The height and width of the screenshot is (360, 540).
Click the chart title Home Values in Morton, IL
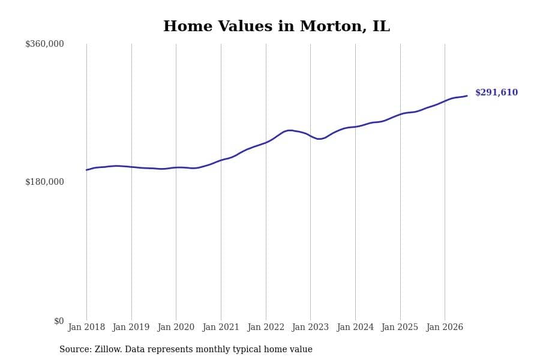(277, 26)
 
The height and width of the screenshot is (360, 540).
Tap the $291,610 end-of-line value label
(496, 92)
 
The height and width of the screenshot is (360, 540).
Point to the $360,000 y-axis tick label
(44, 44)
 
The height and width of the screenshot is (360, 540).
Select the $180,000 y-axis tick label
(44, 182)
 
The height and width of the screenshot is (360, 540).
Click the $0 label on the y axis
(59, 321)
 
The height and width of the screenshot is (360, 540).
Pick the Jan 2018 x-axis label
(86, 327)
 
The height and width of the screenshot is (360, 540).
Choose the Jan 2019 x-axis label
(131, 327)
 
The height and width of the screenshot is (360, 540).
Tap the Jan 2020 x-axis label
(176, 327)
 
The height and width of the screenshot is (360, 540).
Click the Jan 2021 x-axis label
(221, 327)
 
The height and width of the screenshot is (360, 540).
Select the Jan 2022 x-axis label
(266, 327)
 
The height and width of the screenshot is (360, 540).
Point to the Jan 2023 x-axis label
(310, 327)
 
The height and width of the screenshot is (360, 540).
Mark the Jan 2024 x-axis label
(355, 327)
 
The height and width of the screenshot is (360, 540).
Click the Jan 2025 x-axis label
(400, 327)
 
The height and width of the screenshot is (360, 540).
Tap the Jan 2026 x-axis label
(445, 327)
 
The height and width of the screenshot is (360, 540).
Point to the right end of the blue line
(467, 96)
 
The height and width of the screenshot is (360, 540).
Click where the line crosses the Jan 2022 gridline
(266, 142)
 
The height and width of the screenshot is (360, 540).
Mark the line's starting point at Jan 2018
(86, 170)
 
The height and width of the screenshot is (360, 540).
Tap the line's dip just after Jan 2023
(319, 139)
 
